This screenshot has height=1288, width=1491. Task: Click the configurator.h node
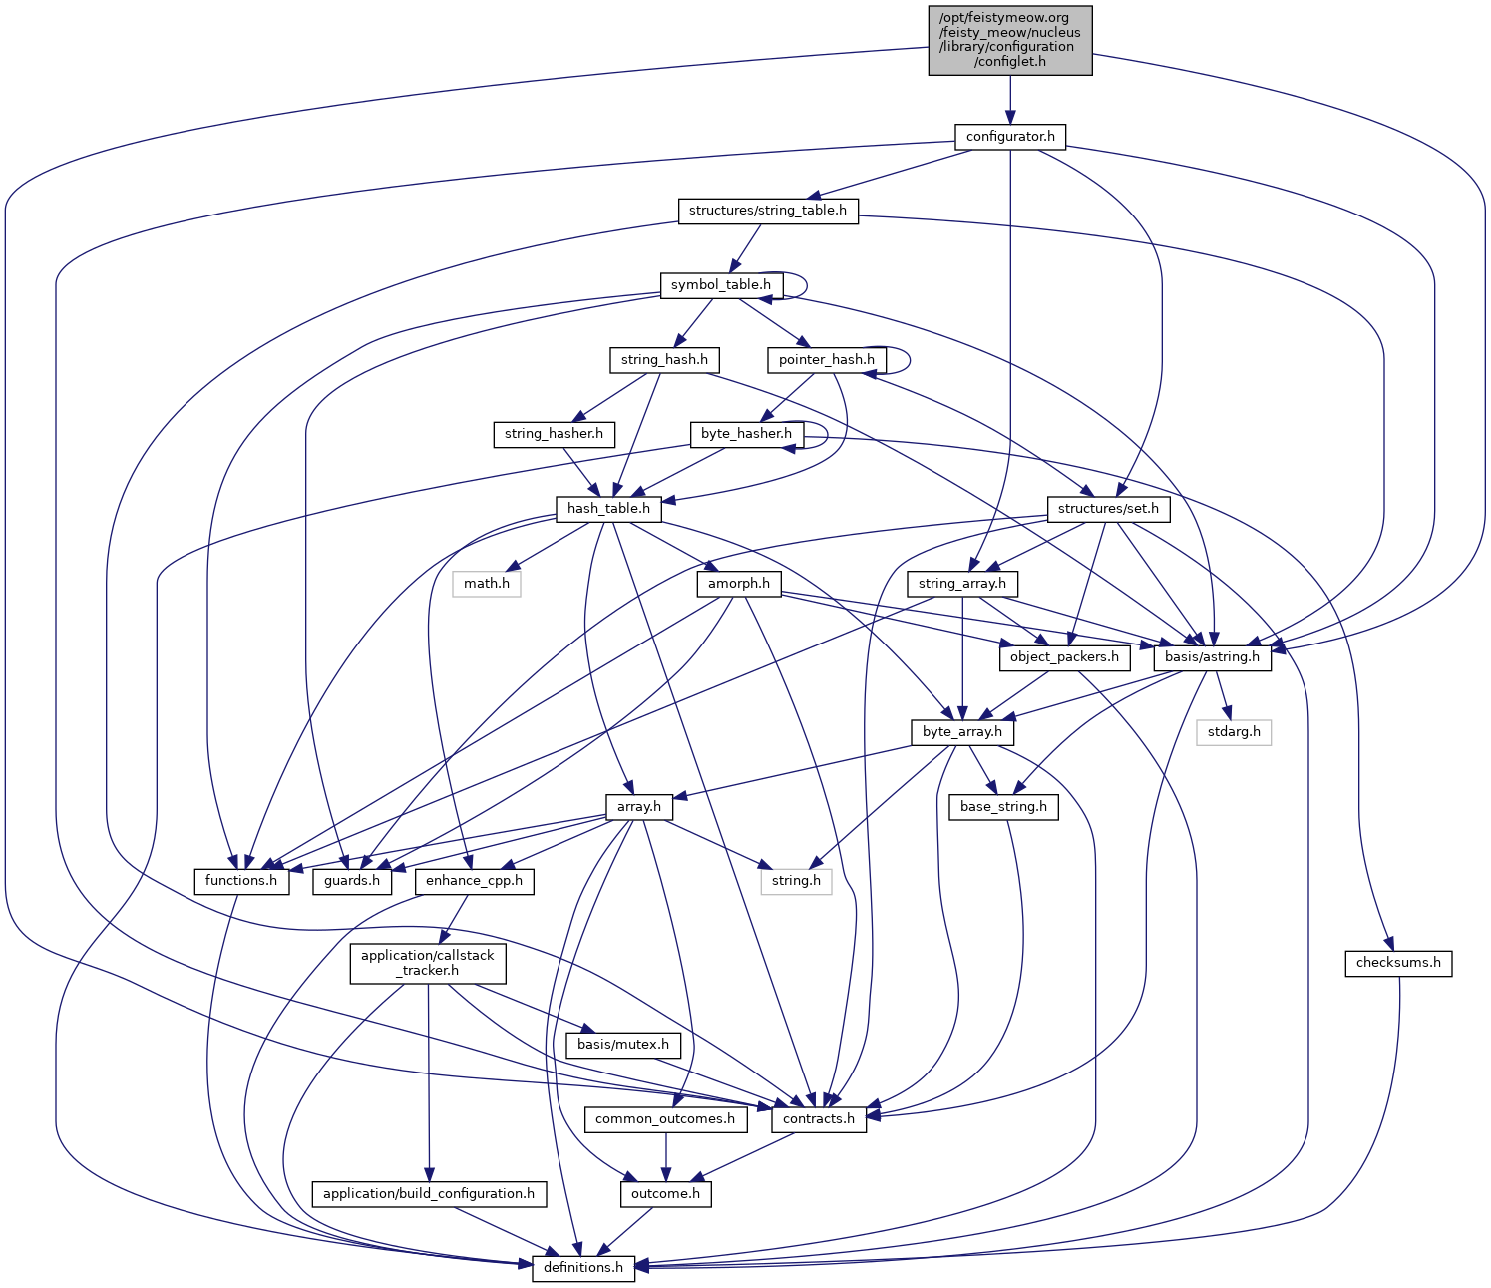(x=1010, y=136)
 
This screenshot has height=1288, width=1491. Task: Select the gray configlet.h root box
(x=1010, y=40)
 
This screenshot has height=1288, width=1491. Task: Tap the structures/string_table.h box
(x=768, y=211)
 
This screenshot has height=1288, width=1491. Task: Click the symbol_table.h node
(x=720, y=285)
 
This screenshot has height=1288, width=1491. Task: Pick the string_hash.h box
(x=664, y=359)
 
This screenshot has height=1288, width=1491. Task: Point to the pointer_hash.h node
(x=827, y=359)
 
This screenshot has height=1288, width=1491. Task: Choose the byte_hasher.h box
(x=746, y=434)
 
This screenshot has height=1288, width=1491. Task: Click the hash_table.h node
(x=608, y=509)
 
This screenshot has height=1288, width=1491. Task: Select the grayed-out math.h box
(x=487, y=583)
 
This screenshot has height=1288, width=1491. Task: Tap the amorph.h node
(x=739, y=583)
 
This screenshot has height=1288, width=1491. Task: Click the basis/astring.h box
(x=1212, y=657)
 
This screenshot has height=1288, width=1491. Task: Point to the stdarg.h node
(x=1235, y=732)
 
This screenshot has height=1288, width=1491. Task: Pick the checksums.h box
(x=1398, y=963)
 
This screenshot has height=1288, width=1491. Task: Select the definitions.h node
(x=583, y=1268)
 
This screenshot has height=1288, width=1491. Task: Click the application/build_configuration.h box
(x=429, y=1193)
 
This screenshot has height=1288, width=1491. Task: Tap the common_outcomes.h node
(x=665, y=1119)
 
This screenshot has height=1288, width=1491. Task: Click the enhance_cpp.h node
(x=474, y=881)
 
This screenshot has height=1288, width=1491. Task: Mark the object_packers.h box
(x=1064, y=657)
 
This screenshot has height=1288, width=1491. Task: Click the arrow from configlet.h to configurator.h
(x=1010, y=100)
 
